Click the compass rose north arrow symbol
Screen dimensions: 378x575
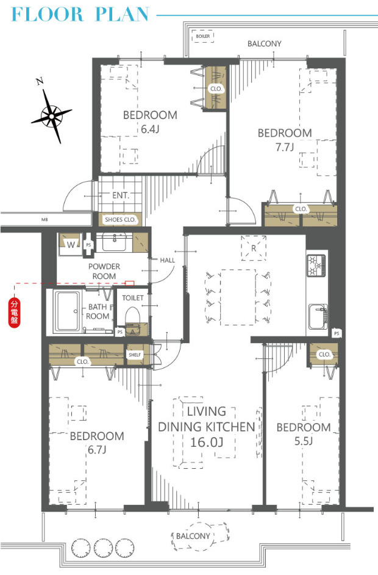[52, 115]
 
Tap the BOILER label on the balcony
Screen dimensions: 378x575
[203, 36]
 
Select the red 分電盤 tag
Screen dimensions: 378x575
[14, 313]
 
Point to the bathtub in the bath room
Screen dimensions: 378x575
[66, 311]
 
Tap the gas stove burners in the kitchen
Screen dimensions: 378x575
[316, 265]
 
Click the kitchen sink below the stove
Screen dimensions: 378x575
[318, 316]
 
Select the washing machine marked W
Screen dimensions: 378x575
[70, 244]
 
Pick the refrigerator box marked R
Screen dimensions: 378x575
[254, 248]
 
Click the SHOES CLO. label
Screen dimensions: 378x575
[120, 220]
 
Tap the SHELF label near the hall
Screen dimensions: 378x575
[135, 355]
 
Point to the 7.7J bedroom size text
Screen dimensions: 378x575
[285, 147]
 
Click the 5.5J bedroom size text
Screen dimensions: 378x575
[304, 441]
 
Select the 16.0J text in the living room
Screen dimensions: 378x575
[207, 443]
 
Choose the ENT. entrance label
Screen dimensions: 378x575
[121, 195]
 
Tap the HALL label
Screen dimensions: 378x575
[168, 260]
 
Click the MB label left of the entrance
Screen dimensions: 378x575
[45, 220]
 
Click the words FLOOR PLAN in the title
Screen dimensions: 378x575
[80, 14]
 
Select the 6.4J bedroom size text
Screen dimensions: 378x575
[150, 129]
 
